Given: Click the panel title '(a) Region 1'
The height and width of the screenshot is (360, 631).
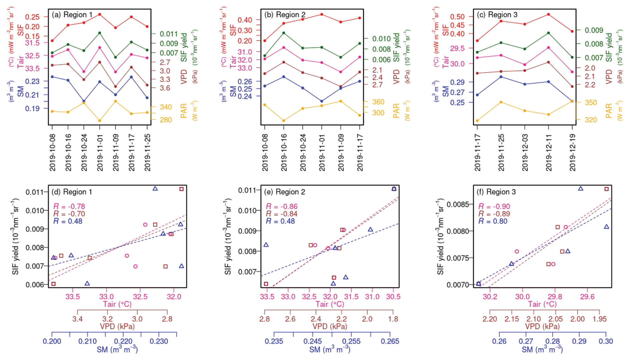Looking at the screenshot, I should [x=72, y=15].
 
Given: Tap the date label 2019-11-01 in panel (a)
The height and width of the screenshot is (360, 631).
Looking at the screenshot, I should [x=100, y=153].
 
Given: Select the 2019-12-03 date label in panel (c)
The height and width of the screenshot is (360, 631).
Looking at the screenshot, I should [x=525, y=153].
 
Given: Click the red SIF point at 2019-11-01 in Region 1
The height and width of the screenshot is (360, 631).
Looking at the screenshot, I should [x=100, y=15].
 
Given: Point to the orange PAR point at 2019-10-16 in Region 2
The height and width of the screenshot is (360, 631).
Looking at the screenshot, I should [x=284, y=121].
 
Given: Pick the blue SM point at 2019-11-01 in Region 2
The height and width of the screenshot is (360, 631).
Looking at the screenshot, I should [x=322, y=101].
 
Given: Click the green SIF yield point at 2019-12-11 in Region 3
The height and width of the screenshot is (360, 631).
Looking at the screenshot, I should [x=549, y=33].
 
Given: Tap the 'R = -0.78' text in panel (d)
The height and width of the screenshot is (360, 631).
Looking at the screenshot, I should [x=69, y=207].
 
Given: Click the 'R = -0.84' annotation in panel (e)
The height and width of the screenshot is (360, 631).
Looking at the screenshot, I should [x=281, y=214].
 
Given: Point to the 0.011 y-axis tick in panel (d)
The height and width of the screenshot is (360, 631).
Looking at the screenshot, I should [x=35, y=192].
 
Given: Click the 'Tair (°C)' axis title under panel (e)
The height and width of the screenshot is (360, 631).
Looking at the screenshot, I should [x=330, y=304].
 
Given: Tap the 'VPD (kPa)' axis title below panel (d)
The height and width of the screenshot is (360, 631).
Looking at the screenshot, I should [x=117, y=326].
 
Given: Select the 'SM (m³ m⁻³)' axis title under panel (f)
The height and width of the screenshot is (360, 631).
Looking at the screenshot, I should [x=542, y=349].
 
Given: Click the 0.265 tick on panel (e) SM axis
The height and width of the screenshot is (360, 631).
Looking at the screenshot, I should [x=390, y=341].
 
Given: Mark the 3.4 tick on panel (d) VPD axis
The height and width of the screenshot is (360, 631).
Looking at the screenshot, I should [x=77, y=319].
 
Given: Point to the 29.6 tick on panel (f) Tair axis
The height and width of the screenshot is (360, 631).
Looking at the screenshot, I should [x=587, y=297].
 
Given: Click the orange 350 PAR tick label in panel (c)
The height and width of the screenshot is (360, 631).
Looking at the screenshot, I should [x=591, y=103].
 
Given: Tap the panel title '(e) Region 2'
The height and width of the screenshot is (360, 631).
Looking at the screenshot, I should [x=284, y=192].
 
